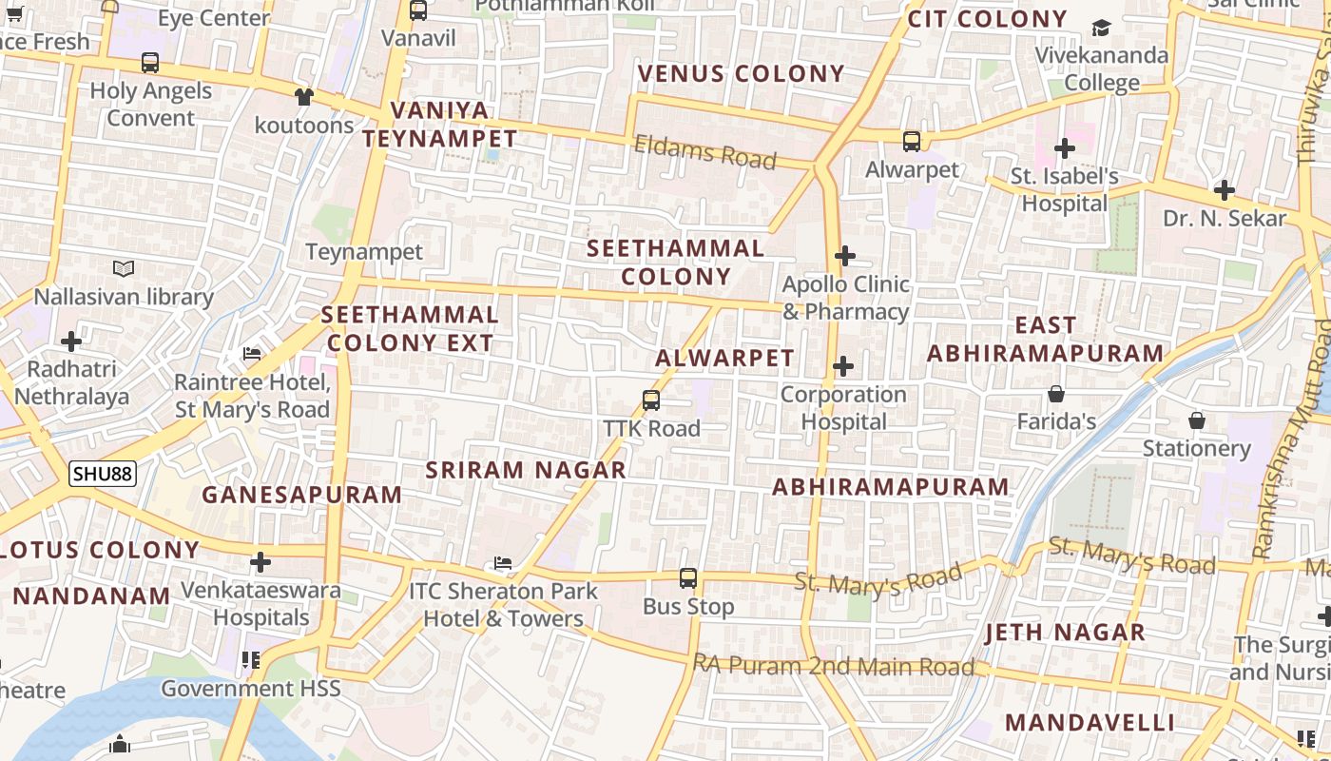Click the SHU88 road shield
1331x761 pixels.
coord(103,473)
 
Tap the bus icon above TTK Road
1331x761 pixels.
coord(651,400)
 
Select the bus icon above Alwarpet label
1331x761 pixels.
coord(912,142)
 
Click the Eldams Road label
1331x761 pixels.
coord(704,152)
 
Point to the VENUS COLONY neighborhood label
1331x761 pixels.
coord(741,73)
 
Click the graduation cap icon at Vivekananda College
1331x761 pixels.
coord(1101,28)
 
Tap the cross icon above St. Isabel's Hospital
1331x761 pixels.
coord(1065,148)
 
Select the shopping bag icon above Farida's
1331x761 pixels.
coord(1055,394)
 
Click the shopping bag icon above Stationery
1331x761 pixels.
coord(1197,420)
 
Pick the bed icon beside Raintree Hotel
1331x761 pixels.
coord(252,354)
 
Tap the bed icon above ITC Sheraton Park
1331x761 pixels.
coord(503,563)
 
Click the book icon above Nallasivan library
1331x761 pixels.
coord(124,269)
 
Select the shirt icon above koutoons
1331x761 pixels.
coord(303,96)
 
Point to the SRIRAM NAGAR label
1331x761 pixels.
coord(526,470)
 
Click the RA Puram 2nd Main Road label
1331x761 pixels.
coord(834,666)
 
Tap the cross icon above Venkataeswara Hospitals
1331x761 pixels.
coord(260,562)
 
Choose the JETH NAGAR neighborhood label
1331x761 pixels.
coord(1065,633)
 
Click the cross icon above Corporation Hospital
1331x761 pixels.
coord(843,366)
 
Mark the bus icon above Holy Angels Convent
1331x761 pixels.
coord(150,63)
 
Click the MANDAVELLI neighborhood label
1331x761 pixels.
coord(1090,722)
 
